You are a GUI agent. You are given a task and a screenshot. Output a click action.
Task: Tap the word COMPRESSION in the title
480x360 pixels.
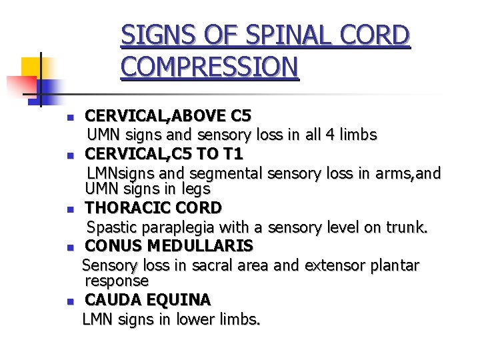[x=209, y=67]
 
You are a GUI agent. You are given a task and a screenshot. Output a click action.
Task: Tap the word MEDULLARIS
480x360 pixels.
[x=209, y=246]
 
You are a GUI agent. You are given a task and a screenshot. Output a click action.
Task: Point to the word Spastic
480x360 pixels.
[x=111, y=227]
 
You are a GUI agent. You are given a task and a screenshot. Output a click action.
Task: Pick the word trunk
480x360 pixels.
[x=407, y=227]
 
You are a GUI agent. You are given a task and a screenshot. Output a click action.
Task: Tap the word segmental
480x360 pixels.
[x=227, y=174]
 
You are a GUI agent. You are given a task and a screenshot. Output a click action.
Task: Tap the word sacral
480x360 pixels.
[x=213, y=265]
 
